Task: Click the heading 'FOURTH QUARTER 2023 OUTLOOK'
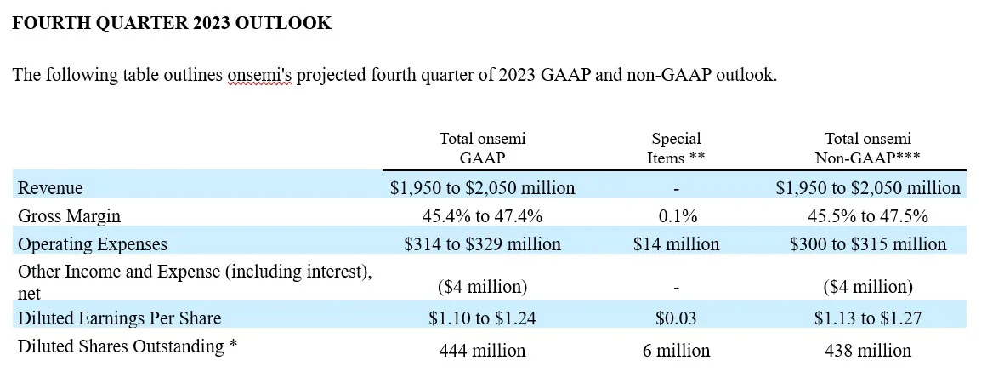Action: tap(172, 23)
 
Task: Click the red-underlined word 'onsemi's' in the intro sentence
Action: tap(259, 75)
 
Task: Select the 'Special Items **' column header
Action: tap(676, 147)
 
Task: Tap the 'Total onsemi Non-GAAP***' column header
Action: tap(868, 147)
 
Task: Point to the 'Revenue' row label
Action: tap(51, 187)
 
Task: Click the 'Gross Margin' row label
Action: tap(70, 215)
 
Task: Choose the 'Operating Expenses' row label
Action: tap(93, 244)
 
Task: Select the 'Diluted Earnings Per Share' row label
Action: tap(120, 318)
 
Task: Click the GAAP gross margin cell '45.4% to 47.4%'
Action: tap(482, 215)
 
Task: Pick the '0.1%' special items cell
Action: tap(676, 215)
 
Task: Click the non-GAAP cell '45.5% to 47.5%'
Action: tap(868, 215)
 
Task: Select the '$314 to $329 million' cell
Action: tap(482, 244)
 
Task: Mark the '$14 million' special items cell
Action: tap(676, 244)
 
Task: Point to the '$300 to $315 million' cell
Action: tap(868, 244)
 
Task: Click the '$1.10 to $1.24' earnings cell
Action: tap(482, 318)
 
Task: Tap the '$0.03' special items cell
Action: tap(676, 318)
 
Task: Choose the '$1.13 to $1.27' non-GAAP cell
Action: tap(868, 318)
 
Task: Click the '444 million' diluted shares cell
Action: tap(482, 350)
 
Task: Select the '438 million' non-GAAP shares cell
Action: tap(868, 350)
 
